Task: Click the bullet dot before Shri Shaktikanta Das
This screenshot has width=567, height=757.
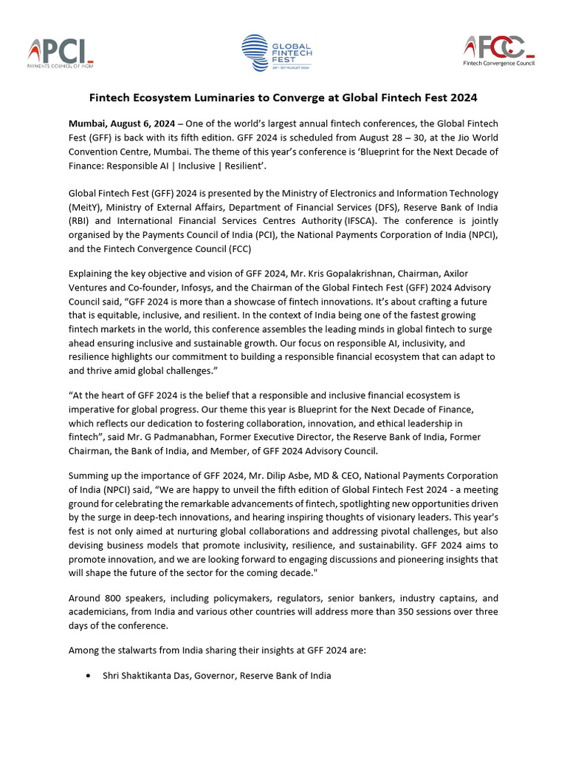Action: [89, 676]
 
